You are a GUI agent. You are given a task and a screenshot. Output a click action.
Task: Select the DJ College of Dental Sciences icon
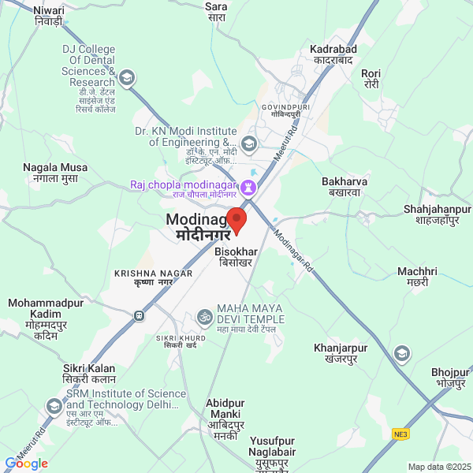coord(127,77)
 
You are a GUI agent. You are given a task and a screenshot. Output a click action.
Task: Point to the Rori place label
coord(371,79)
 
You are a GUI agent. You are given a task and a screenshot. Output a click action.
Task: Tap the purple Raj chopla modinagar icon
coord(248,187)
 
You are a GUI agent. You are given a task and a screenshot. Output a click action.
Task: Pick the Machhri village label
coord(417,277)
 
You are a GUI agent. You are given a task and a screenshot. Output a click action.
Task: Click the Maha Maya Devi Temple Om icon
coord(204,318)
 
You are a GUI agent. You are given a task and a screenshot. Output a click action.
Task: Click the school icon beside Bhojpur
coord(403,352)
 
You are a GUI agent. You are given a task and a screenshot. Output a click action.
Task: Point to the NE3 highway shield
coord(403,434)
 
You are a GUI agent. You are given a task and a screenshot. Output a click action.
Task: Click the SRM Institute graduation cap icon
coord(54,407)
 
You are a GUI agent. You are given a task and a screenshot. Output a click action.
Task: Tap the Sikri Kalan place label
coord(89,374)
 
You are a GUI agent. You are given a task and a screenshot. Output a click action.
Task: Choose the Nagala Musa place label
coord(55,173)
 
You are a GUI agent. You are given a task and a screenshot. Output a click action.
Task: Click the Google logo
coord(27,463)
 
